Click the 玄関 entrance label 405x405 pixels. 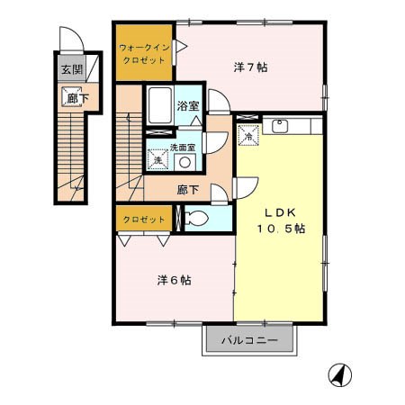tap(72, 70)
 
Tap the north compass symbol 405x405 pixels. tap(339, 375)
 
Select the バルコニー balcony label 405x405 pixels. tap(249, 340)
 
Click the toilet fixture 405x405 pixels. tap(195, 218)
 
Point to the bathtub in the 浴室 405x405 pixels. tap(160, 105)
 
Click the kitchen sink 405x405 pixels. tap(280, 126)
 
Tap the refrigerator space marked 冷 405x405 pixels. tap(248, 135)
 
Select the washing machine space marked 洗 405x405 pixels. tap(157, 159)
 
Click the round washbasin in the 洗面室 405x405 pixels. tap(184, 162)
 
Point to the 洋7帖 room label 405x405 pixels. tap(251, 67)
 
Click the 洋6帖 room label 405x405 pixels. tap(174, 280)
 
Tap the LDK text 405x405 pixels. tap(280, 212)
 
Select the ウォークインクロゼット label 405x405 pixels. tap(144, 54)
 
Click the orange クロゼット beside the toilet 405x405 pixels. tap(144, 220)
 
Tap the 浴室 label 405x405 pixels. tap(188, 106)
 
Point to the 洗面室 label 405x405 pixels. tap(183, 148)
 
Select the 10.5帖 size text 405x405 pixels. tap(281, 229)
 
